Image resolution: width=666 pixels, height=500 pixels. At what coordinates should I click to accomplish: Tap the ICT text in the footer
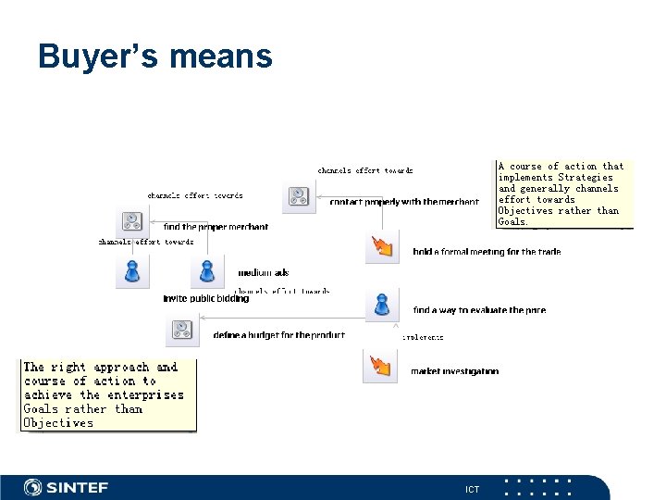click(472, 489)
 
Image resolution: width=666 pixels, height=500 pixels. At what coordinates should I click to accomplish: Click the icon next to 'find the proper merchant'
click(132, 224)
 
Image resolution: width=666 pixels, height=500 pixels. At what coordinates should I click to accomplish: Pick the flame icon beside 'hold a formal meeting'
click(382, 247)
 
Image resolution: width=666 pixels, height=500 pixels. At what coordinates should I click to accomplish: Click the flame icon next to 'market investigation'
click(381, 367)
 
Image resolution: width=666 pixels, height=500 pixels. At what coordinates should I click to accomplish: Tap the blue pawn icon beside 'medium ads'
click(207, 270)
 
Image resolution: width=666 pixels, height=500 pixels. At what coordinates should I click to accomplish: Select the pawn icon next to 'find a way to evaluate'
click(381, 305)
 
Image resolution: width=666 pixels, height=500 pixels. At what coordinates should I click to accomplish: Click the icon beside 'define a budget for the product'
click(182, 331)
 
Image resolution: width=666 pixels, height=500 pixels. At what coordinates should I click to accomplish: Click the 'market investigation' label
click(454, 371)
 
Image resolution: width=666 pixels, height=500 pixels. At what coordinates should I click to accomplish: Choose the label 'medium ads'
click(264, 273)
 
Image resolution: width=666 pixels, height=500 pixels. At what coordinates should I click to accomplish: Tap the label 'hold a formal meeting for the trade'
click(487, 252)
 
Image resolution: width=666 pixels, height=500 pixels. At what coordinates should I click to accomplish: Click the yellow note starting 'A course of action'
click(563, 194)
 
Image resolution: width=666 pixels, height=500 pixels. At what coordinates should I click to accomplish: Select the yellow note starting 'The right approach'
click(108, 395)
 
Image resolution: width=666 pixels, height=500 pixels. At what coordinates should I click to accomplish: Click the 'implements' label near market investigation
click(423, 338)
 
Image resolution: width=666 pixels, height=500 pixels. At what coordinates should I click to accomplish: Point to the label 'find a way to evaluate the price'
click(479, 310)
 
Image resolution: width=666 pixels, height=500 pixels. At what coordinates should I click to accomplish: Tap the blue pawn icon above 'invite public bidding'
click(132, 271)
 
